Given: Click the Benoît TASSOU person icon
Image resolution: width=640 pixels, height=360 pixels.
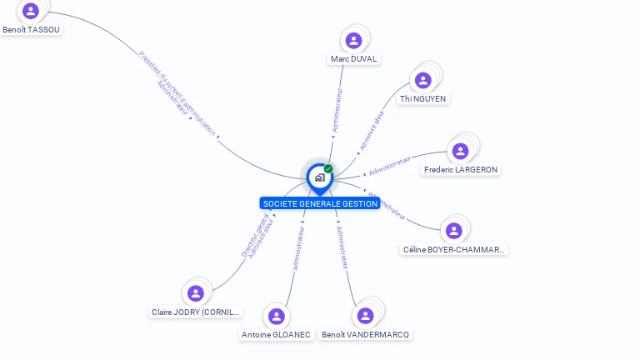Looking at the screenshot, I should tap(31, 11).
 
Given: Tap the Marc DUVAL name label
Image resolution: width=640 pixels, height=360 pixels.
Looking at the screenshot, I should tap(353, 59).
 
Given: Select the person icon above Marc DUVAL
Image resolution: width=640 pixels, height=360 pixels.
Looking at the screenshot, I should tap(353, 40).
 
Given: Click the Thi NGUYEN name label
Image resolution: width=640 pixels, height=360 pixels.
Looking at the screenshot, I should tap(422, 99).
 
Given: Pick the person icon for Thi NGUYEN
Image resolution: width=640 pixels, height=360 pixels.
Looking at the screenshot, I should tap(422, 80).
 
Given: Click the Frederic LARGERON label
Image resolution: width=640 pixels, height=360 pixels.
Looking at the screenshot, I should tap(461, 170).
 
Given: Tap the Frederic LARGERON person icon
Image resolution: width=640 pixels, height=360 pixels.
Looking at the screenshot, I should tap(460, 151).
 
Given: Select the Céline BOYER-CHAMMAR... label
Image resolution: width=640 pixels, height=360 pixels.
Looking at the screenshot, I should tap(454, 249).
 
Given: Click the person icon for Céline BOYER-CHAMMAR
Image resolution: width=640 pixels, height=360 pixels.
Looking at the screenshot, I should tap(454, 230).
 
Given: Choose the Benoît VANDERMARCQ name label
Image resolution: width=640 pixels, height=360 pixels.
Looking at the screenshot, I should tap(366, 335).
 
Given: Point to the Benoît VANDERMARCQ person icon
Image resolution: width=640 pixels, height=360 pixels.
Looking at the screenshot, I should tap(364, 316).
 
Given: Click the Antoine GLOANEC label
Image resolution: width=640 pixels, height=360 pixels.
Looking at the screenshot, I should tap(276, 335).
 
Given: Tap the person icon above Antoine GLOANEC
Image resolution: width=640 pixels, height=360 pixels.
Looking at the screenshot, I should tap(276, 316).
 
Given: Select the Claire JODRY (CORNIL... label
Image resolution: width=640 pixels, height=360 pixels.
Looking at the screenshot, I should tap(196, 312).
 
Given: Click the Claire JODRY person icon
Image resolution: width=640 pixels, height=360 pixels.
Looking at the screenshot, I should tap(196, 293).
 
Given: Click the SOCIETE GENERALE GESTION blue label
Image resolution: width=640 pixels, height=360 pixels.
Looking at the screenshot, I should tap(319, 203).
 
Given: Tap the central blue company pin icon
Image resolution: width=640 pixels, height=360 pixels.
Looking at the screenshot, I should tap(319, 177).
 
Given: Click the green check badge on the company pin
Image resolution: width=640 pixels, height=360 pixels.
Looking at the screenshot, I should tap(328, 169).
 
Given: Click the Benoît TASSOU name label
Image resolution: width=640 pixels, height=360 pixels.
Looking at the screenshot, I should tap(32, 30).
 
